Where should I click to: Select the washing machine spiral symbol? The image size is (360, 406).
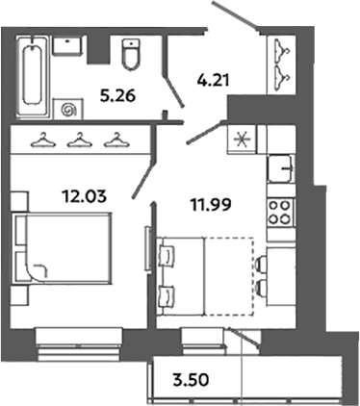[x=69, y=110]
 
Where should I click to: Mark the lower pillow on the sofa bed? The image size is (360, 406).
[x=167, y=292]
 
